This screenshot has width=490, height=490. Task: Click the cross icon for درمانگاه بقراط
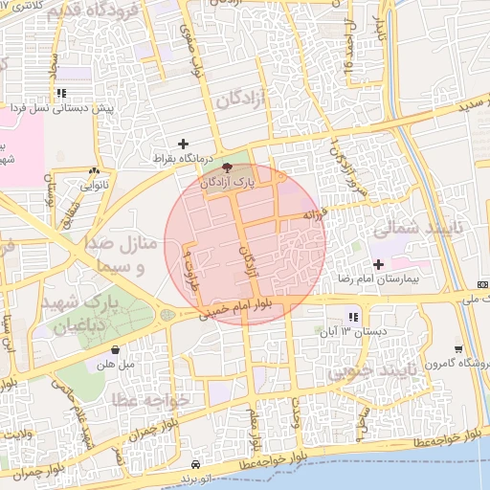tap(183, 144)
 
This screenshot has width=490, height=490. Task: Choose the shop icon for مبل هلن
tap(116, 349)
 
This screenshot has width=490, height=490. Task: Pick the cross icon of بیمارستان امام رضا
tap(378, 263)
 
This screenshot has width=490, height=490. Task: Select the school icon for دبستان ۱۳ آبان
tap(353, 317)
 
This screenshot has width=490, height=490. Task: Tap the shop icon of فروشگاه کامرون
tap(458, 348)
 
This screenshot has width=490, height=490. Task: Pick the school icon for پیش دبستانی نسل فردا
tap(61, 94)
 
